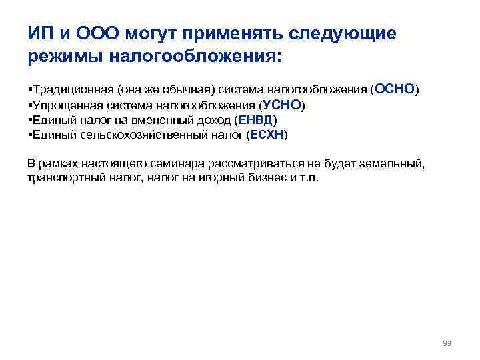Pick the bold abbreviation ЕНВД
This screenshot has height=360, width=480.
pos(255,120)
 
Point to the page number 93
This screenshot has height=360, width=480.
pos(447,343)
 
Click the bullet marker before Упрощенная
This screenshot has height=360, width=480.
pos(30,105)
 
